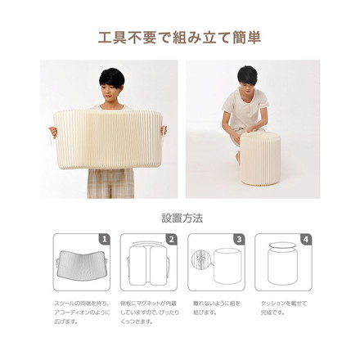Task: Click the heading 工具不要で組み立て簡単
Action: coord(180,38)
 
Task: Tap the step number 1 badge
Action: coord(104,240)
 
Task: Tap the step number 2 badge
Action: coord(171,240)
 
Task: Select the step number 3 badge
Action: coord(238,240)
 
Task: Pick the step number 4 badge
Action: coord(305,240)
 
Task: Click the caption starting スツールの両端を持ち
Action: coord(79,312)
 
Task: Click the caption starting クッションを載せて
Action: coord(283,308)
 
